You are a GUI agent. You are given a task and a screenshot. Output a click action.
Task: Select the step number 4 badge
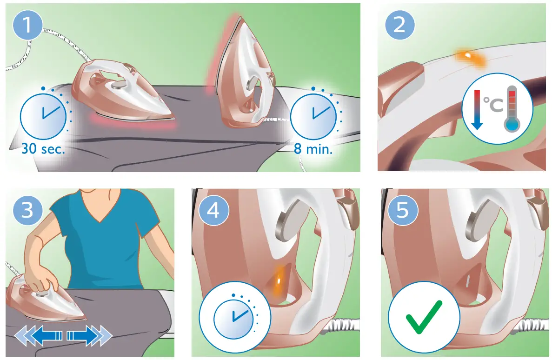click(213, 210)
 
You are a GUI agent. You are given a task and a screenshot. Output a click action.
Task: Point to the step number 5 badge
click(402, 210)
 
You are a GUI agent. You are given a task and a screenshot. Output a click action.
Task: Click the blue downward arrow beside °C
click(476, 110)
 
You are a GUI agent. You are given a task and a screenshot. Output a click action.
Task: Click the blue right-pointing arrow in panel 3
click(88, 335)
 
